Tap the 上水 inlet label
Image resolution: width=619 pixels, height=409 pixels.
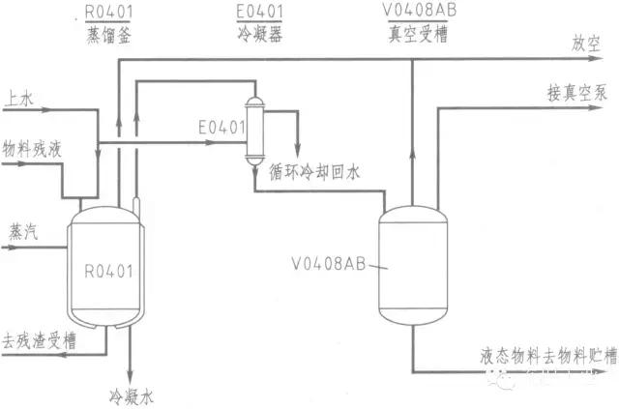pyautogui.click(x=19, y=99)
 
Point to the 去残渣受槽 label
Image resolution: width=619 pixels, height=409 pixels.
pyautogui.click(x=40, y=341)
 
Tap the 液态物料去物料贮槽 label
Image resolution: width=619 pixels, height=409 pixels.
pyautogui.click(x=547, y=355)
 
